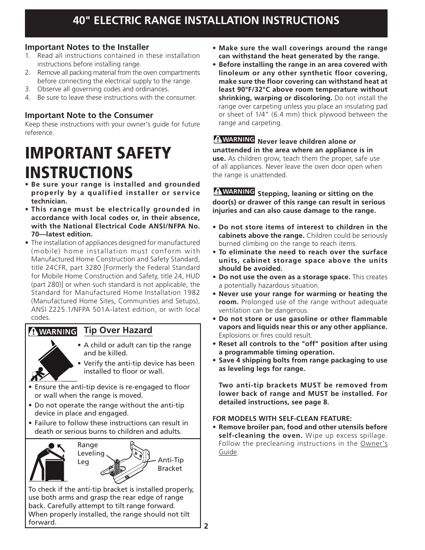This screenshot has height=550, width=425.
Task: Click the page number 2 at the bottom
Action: click(x=206, y=526)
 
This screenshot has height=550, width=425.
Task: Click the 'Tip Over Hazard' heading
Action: click(x=118, y=330)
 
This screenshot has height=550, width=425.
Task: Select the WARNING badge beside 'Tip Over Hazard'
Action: click(x=53, y=331)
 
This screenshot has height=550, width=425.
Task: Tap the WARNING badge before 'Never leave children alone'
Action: click(x=234, y=139)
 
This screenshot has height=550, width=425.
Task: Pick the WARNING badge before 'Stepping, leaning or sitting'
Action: click(x=234, y=191)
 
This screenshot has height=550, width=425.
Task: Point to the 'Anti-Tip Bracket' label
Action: click(x=170, y=464)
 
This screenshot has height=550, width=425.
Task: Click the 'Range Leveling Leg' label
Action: click(x=90, y=453)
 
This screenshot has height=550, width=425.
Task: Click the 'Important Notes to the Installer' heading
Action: click(x=87, y=47)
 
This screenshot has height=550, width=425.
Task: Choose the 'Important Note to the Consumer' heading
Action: click(x=89, y=115)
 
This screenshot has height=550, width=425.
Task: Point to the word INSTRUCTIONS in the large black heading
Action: click(x=79, y=172)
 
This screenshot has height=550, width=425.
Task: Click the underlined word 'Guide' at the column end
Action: click(x=228, y=452)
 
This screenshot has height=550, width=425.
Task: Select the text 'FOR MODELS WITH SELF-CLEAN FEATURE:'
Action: click(x=282, y=418)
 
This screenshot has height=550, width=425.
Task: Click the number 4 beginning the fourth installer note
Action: click(x=28, y=97)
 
